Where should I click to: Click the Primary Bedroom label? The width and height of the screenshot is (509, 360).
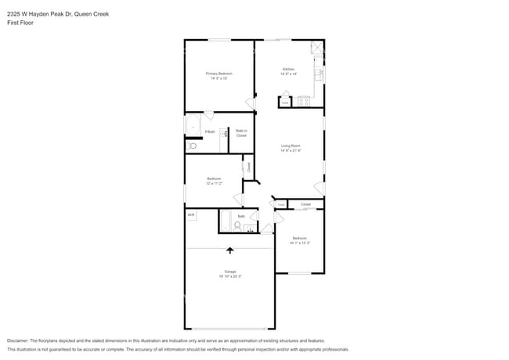point(219,76)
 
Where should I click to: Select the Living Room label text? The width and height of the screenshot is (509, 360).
point(291,148)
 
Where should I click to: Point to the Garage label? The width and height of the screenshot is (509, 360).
point(230,274)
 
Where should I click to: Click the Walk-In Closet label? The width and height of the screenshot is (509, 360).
point(241,133)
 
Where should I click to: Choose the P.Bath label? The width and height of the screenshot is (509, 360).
point(211,131)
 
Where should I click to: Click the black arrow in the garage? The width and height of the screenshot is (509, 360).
point(230,250)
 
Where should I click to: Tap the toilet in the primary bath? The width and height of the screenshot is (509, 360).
point(193,146)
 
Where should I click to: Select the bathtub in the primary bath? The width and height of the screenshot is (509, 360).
point(193,125)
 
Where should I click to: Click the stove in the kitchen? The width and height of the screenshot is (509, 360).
point(303,101)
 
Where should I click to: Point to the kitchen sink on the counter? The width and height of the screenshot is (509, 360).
point(319,74)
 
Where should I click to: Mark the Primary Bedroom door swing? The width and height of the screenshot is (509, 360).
point(250,103)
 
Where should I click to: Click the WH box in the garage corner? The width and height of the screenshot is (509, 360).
point(190,214)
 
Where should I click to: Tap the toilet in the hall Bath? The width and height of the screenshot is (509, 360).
point(237,225)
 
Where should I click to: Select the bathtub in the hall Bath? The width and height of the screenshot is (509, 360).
point(225,221)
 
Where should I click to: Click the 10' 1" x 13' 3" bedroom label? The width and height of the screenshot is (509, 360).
point(300,240)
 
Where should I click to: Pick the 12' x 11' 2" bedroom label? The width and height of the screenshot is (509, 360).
point(215,181)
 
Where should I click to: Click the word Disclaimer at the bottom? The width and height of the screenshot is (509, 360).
point(19,341)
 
